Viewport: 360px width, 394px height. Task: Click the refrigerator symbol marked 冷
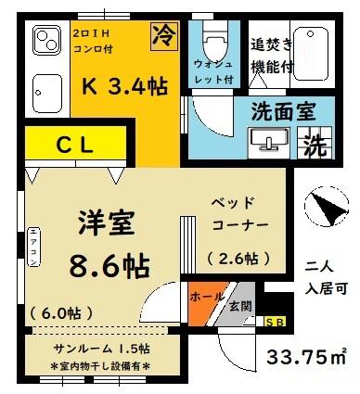tap(164, 36)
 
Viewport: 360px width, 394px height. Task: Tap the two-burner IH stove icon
tap(47, 40)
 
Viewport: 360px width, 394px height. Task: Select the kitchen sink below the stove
tap(47, 94)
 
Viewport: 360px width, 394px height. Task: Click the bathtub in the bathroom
tap(311, 55)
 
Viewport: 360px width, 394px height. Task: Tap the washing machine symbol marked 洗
tap(315, 144)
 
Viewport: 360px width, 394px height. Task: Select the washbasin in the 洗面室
tap(268, 143)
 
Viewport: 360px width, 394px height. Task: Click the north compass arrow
tap(328, 209)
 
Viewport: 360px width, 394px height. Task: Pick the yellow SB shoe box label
tap(275, 322)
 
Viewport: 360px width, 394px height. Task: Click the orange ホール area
tap(206, 302)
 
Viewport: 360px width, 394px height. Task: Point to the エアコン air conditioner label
tap(34, 248)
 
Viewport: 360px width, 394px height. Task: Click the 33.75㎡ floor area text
tap(306, 357)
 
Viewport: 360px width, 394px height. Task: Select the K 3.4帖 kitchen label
tap(125, 86)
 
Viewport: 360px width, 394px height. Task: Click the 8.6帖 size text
tap(109, 266)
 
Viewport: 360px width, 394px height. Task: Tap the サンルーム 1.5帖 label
tap(101, 349)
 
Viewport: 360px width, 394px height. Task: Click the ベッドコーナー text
tap(238, 214)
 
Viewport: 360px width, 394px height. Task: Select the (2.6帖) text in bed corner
tap(238, 259)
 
